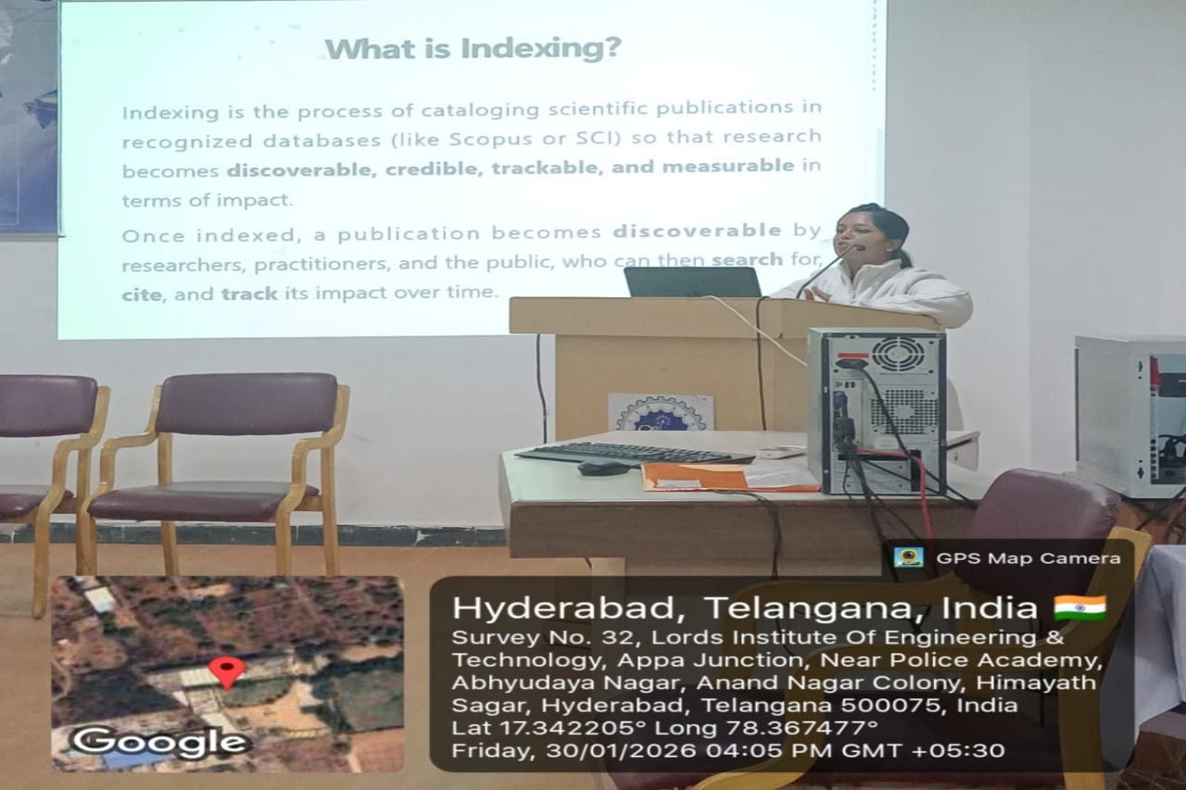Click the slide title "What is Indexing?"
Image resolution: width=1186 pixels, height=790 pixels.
(473, 49)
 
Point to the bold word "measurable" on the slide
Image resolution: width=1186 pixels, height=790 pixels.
(728, 166)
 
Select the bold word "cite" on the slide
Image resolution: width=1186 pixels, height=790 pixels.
(142, 295)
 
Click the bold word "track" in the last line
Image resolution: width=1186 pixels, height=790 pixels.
(249, 294)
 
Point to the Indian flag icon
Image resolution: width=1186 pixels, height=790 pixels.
(1080, 608)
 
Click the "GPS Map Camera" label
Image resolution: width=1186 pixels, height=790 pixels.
(1028, 558)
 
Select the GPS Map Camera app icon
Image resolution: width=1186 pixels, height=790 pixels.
(909, 558)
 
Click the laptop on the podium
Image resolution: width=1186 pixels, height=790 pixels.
(692, 282)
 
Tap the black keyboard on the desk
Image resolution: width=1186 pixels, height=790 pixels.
(636, 454)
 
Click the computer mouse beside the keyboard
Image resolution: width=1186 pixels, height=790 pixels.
(603, 467)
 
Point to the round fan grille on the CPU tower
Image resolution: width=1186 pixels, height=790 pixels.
(898, 354)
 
